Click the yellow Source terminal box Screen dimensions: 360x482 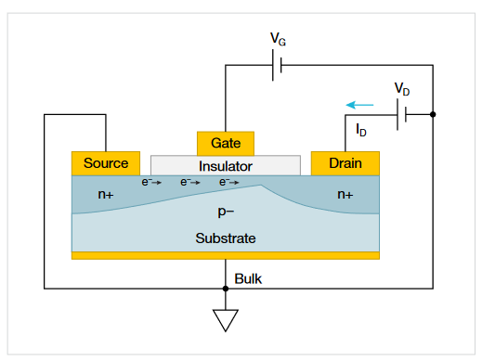pos(106,163)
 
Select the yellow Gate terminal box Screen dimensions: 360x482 pos(226,144)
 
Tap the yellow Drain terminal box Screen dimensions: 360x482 pos(345,163)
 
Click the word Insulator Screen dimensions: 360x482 pos(226,166)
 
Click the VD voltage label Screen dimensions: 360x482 pos(402,89)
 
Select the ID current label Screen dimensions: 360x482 pos(361,131)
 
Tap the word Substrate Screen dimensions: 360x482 pos(226,238)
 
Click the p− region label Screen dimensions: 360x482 pos(226,212)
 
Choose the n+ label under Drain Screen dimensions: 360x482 pos(345,195)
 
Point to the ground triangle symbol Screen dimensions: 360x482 pos(226,320)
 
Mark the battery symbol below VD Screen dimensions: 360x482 pos(402,115)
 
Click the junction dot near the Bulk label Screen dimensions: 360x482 pos(226,289)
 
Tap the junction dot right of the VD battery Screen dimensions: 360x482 pos(434,115)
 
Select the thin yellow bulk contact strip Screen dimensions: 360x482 pos(226,255)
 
